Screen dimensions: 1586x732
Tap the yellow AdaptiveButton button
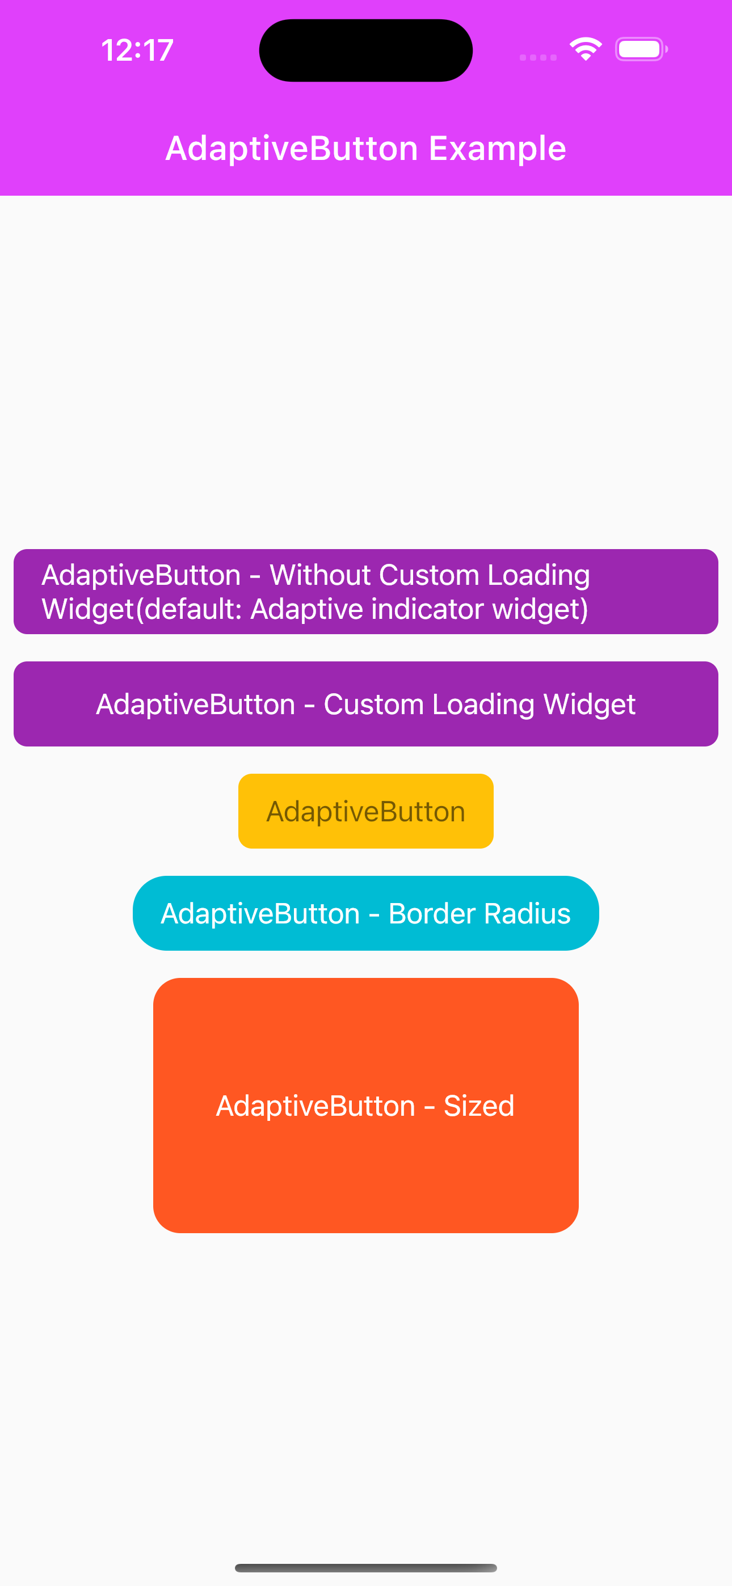click(x=365, y=811)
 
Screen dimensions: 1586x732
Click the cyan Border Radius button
click(x=365, y=913)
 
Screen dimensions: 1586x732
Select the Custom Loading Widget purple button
click(x=365, y=704)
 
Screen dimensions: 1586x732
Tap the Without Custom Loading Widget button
click(x=365, y=592)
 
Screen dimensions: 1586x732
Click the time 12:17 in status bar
click(x=137, y=50)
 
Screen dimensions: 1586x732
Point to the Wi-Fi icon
click(x=586, y=49)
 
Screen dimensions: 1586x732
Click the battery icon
click(x=641, y=49)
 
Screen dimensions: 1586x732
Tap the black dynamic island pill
click(x=365, y=50)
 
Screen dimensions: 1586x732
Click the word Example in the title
click(x=497, y=149)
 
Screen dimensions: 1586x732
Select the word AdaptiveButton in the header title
click(x=292, y=149)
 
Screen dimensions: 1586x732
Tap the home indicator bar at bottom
click(x=365, y=1567)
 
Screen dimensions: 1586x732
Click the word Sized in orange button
click(x=479, y=1106)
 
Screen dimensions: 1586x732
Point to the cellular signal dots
click(x=538, y=57)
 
